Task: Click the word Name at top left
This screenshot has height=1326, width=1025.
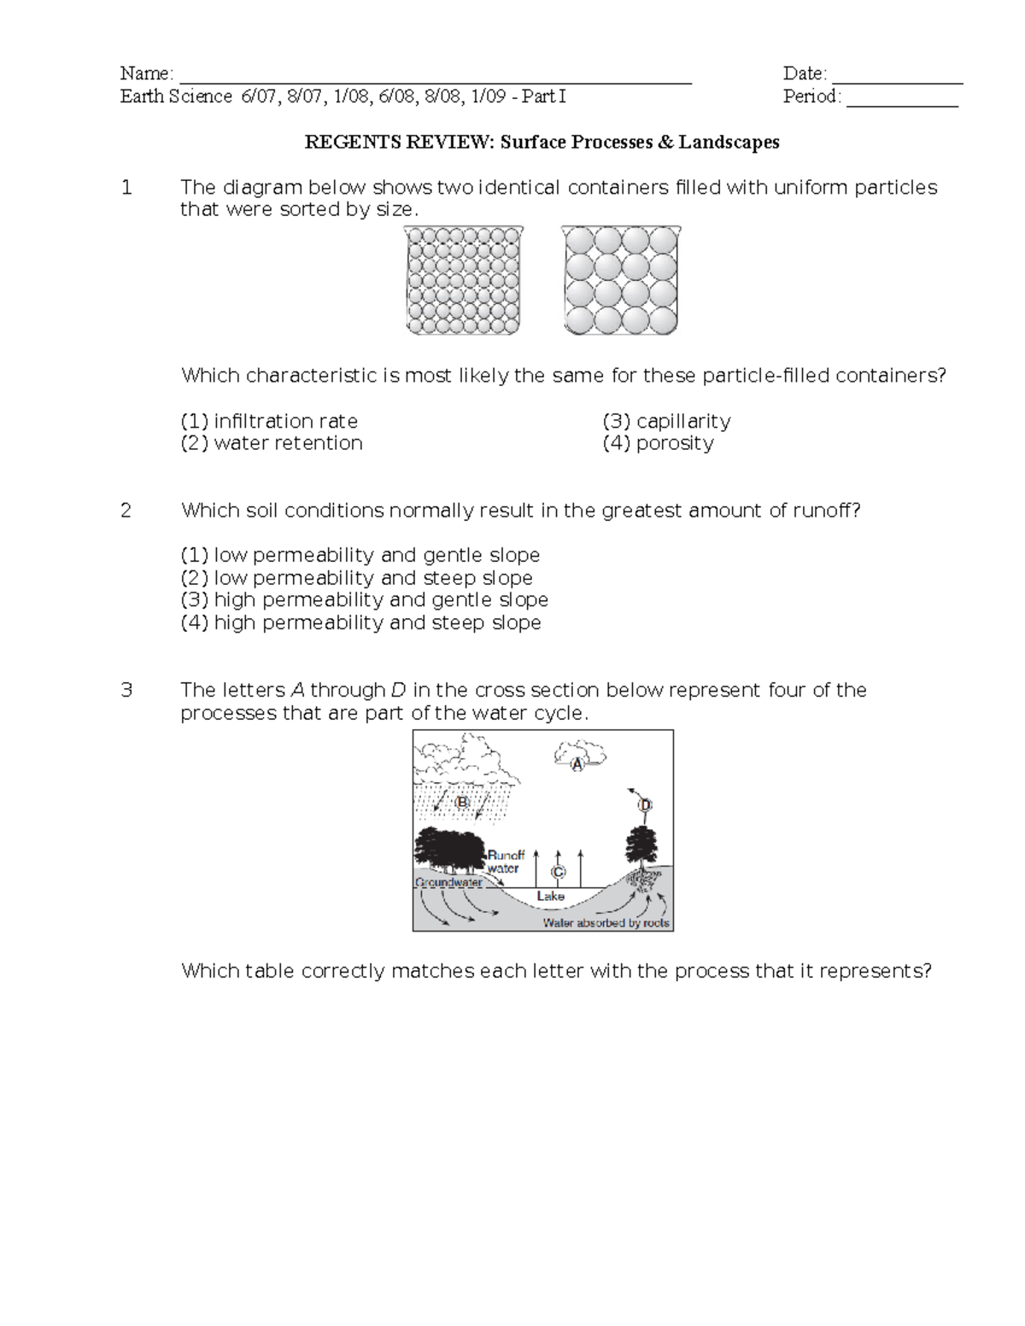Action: [x=144, y=73]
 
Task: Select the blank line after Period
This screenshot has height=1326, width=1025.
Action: [x=902, y=99]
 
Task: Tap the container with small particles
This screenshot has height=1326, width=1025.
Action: [x=463, y=280]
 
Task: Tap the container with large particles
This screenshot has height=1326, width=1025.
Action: [x=621, y=280]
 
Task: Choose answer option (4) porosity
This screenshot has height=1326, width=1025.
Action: [x=658, y=443]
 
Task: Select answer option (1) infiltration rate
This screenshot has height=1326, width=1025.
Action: [x=269, y=421]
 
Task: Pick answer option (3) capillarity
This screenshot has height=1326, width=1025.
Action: [x=666, y=421]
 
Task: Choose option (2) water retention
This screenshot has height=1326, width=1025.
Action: [x=272, y=443]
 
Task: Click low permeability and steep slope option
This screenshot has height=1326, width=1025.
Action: [x=357, y=578]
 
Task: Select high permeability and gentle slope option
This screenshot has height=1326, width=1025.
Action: [x=365, y=600]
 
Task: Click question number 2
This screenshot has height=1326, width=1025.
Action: [x=126, y=511]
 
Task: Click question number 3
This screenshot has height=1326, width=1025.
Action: [x=126, y=690]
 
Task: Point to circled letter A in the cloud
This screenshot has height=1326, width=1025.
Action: [x=577, y=765]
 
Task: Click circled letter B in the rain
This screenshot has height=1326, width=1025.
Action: [x=462, y=803]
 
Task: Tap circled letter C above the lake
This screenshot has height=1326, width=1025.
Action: [x=558, y=872]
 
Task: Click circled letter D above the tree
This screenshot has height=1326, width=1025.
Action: [x=645, y=805]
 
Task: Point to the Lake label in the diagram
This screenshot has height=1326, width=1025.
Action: [x=550, y=896]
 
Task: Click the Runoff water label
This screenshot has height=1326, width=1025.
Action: [x=505, y=862]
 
